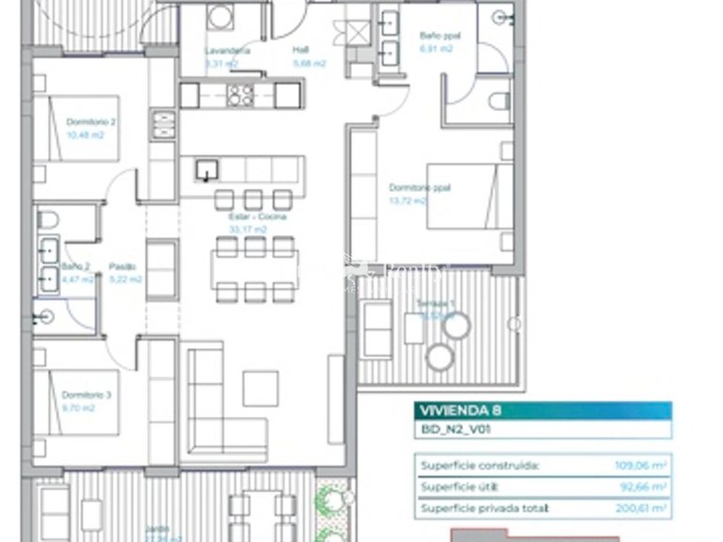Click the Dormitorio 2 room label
coord(90,122)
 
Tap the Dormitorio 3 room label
coord(87,395)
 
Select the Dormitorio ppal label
coord(408,188)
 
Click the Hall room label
coord(300,51)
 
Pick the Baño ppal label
coord(434,35)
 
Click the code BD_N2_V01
coord(448,430)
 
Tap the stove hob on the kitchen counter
coord(239,94)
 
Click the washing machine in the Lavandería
coord(219,16)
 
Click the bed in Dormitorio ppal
coord(469,196)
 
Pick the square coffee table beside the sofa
coord(260,386)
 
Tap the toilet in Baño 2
coord(49,220)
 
